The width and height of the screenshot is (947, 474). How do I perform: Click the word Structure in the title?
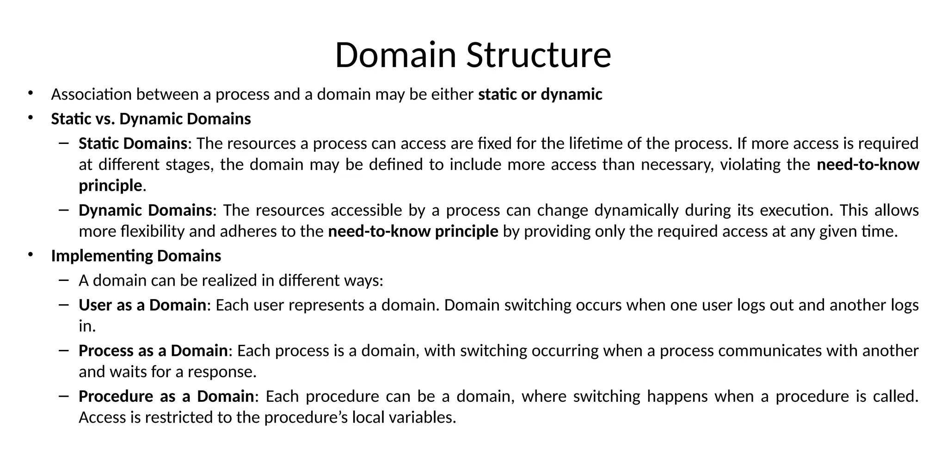tap(538, 55)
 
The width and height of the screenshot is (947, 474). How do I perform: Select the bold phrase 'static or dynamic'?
tap(540, 94)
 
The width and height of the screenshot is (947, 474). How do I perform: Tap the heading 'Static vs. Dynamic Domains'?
tap(151, 119)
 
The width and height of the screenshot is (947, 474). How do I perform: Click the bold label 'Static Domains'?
tap(133, 143)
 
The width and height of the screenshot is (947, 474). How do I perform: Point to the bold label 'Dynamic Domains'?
tap(145, 210)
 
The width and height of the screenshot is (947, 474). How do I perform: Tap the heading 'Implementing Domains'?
tap(136, 256)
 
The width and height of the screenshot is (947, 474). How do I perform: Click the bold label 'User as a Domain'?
tap(142, 305)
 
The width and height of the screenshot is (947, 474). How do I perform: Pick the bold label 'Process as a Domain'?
tap(153, 350)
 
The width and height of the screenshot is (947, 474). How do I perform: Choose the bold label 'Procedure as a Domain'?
tap(166, 396)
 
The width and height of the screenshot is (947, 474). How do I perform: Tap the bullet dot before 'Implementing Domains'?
tap(31, 255)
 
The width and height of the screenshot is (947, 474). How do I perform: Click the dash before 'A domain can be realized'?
tap(64, 280)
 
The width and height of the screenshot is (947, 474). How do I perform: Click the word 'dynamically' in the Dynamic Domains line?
tap(636, 210)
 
